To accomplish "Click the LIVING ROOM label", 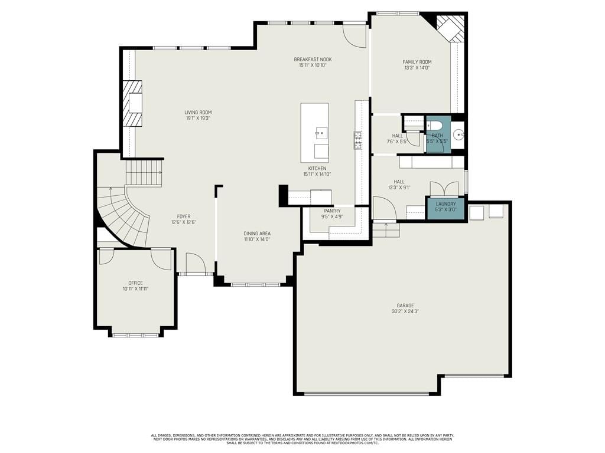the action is (198, 113).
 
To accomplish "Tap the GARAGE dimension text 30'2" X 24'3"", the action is (405, 311).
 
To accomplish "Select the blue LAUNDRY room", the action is (445, 208).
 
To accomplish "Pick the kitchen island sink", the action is (321, 132).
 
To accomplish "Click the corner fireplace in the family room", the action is (450, 28).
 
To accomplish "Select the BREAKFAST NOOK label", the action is (313, 60).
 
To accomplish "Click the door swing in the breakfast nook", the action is (354, 35).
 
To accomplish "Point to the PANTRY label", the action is (332, 211).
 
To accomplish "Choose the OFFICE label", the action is (135, 283).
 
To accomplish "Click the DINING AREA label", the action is (257, 234).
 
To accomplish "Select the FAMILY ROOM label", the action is (417, 61).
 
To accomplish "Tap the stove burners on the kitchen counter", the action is (357, 140).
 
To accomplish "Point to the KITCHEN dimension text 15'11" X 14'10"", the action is (317, 174).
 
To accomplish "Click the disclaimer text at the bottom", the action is (302, 439).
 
